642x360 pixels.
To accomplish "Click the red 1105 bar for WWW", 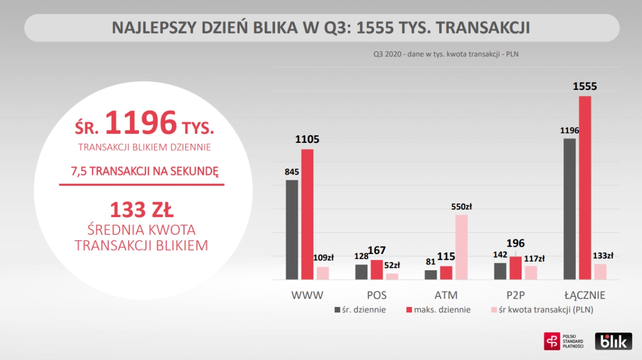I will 307,214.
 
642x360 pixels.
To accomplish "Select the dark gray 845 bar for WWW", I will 292,229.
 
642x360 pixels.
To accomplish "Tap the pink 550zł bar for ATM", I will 461,247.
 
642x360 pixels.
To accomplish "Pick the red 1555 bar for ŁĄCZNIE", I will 585,188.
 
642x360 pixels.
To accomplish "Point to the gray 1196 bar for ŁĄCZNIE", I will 570,209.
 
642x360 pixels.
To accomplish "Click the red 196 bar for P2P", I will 516,268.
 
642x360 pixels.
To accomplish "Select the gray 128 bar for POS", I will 361,272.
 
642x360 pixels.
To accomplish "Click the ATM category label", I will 446,295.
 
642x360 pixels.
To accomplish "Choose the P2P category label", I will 515,295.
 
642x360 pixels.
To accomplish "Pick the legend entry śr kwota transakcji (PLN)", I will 542,310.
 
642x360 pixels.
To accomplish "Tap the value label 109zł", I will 323,258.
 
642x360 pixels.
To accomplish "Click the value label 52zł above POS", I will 392,265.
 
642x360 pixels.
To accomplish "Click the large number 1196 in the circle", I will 141,122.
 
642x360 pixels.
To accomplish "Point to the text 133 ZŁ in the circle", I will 141,209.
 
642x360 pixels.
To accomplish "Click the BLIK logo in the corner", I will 613,341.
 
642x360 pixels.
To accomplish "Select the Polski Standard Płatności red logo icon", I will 552,341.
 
